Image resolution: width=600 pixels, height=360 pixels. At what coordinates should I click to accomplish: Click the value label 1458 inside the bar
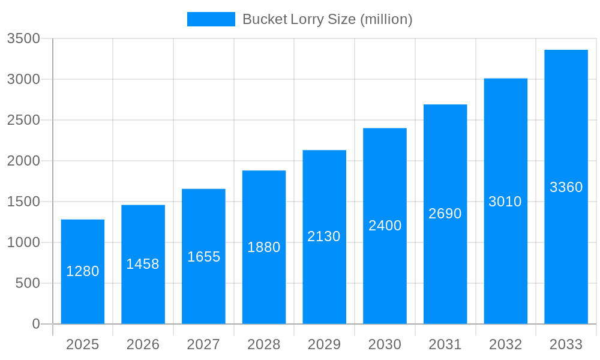pyautogui.click(x=143, y=264)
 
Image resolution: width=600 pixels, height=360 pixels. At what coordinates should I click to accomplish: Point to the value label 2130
pyautogui.click(x=324, y=236)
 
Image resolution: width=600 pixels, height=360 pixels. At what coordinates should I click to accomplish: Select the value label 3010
pyautogui.click(x=505, y=202)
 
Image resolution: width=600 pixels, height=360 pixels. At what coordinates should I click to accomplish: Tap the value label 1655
pyautogui.click(x=204, y=257)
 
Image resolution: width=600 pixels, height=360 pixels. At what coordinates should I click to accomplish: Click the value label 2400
pyautogui.click(x=385, y=226)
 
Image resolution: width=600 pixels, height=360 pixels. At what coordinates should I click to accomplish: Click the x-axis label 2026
pyautogui.click(x=143, y=344)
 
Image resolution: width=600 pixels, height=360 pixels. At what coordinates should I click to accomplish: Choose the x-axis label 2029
pyautogui.click(x=324, y=344)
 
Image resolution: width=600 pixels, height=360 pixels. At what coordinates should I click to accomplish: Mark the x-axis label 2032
pyautogui.click(x=505, y=344)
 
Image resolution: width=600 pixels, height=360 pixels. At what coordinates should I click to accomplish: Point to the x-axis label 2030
pyautogui.click(x=385, y=344)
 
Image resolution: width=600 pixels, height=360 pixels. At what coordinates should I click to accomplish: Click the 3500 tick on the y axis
pyautogui.click(x=23, y=39)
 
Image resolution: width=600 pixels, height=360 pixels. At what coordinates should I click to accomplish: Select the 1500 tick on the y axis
pyautogui.click(x=23, y=202)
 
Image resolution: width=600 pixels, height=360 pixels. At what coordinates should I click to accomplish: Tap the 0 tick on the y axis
pyautogui.click(x=36, y=324)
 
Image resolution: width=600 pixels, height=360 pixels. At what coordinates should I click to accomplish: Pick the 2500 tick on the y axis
pyautogui.click(x=23, y=121)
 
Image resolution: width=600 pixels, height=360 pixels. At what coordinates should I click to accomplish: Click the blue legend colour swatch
pyautogui.click(x=211, y=19)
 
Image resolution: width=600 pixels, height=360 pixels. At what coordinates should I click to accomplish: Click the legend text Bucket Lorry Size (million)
pyautogui.click(x=327, y=19)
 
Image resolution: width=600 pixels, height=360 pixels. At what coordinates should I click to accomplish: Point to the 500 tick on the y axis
pyautogui.click(x=28, y=283)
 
